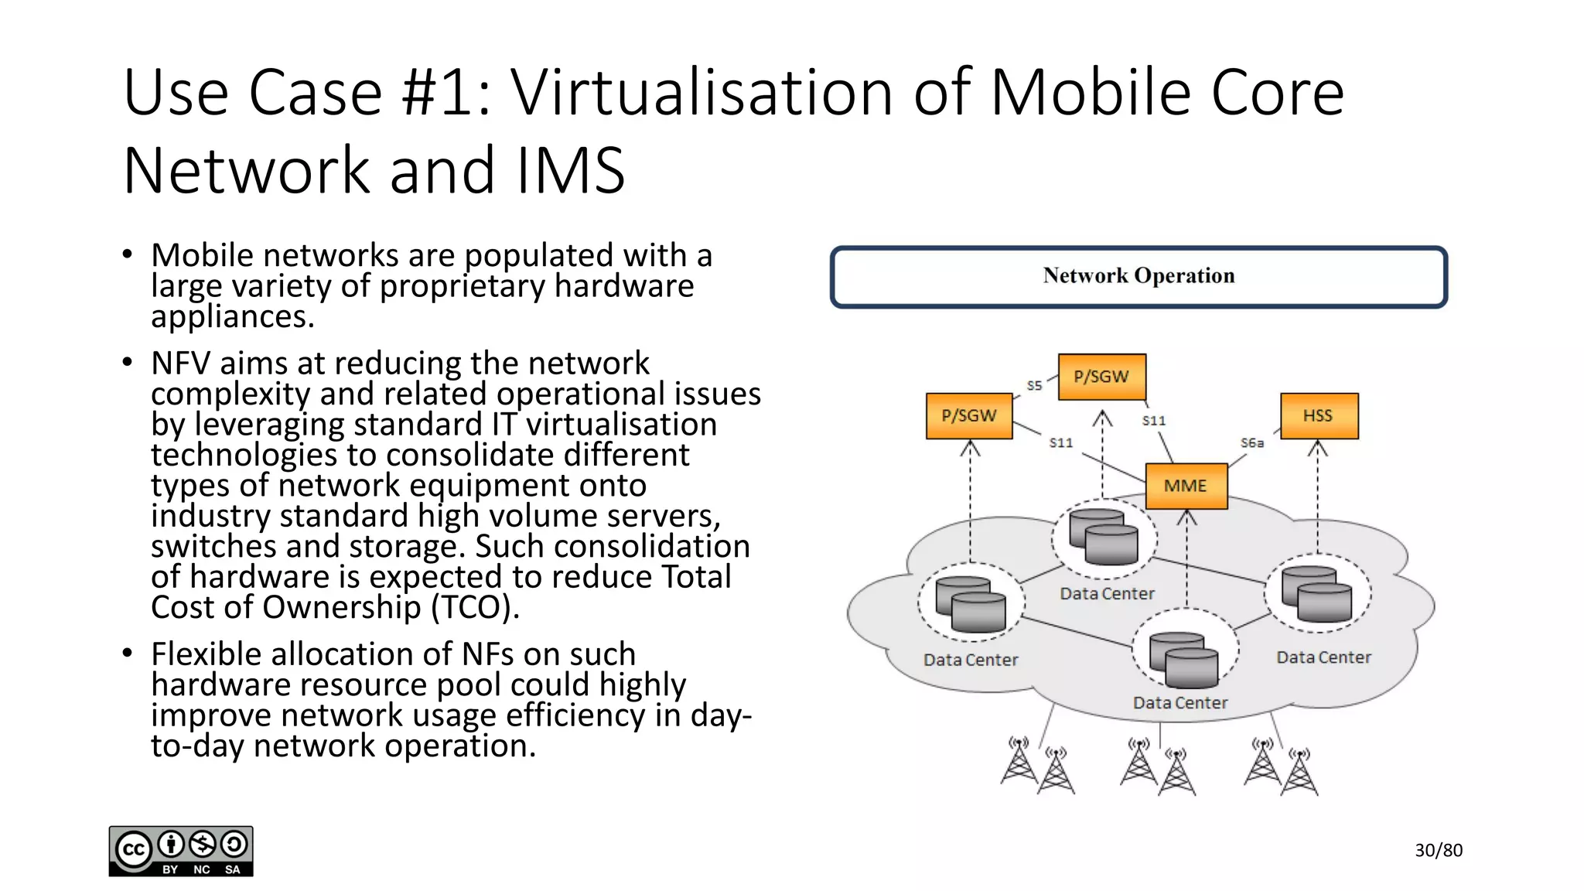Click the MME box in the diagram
point(1186,486)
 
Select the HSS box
point(1319,416)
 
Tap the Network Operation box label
point(1138,276)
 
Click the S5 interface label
point(1034,385)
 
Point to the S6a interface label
point(1251,443)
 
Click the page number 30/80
point(1439,851)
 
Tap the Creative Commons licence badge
point(181,851)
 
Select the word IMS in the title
point(570,171)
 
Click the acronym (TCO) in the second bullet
point(475,607)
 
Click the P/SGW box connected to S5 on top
point(1101,377)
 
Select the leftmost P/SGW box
point(969,416)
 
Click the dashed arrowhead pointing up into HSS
point(1318,449)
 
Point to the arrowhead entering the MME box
point(1186,517)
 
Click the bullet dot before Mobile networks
point(128,254)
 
